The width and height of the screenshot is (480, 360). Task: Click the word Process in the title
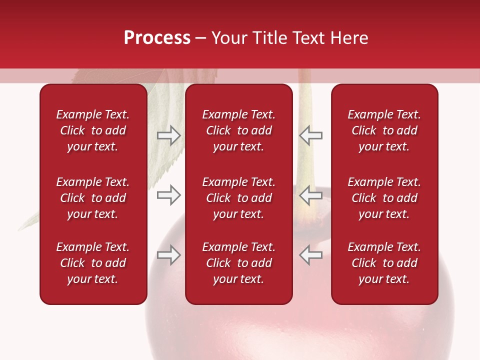[x=157, y=38]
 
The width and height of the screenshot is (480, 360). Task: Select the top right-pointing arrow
[x=168, y=135]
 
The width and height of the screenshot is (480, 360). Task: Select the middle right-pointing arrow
[x=168, y=195]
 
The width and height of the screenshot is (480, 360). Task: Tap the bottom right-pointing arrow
[x=168, y=255]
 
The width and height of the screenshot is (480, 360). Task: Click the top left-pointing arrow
[x=310, y=135]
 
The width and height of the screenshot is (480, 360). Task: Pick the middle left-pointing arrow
[x=310, y=195]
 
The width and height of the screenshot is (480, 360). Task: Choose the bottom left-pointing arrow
[x=310, y=255]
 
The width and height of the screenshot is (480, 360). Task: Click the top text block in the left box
[x=93, y=130]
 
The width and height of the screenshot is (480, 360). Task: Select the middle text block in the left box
[x=93, y=198]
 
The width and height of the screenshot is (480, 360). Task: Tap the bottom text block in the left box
[x=93, y=263]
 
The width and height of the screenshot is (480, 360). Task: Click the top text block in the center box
[x=238, y=130]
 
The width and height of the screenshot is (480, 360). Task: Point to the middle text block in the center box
[x=238, y=198]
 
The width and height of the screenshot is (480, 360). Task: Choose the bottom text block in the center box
[x=238, y=263]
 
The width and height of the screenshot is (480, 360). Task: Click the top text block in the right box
[x=384, y=130]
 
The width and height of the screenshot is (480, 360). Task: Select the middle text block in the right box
[x=384, y=198]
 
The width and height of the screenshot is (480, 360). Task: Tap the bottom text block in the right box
[x=384, y=263]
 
